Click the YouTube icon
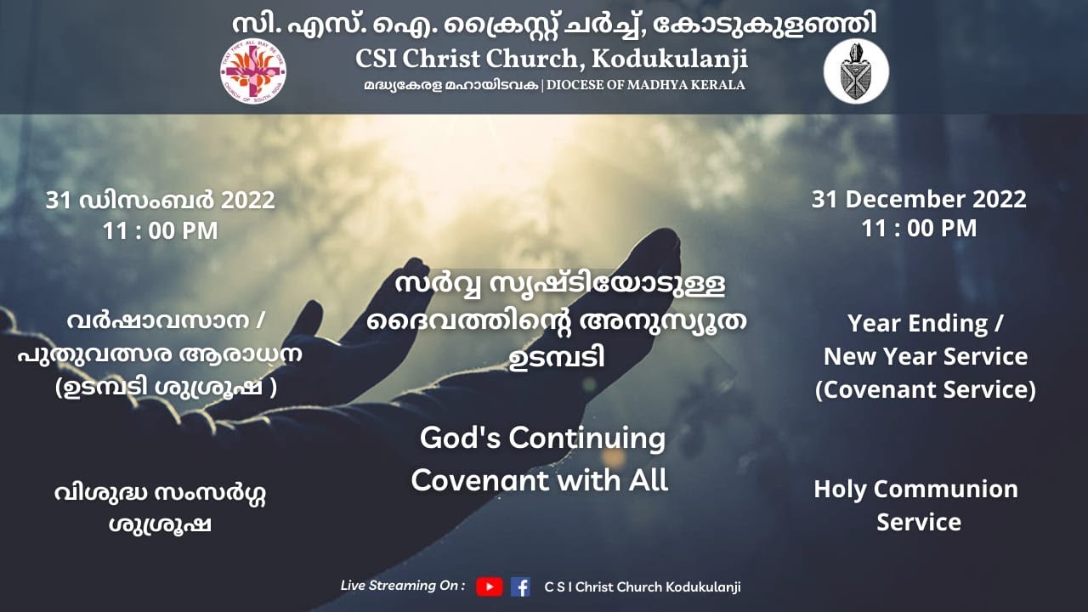coord(489,586)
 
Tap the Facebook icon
coord(520,586)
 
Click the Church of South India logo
coord(252,71)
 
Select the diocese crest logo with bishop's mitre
coord(856,71)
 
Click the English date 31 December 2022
coord(919,200)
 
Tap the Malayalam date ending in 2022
coord(161,201)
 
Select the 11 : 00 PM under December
coord(919,229)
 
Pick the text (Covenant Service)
coord(926,390)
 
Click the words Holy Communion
coord(915,490)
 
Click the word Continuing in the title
coord(586,439)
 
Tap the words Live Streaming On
coord(402,586)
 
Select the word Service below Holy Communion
coord(919,522)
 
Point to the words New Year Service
coord(926,357)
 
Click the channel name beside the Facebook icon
coord(643,586)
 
